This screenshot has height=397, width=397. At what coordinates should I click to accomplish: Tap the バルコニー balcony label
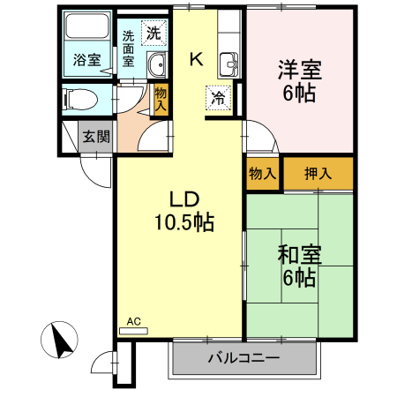pos(243,359)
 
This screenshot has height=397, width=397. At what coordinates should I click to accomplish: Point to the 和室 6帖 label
pos(299,266)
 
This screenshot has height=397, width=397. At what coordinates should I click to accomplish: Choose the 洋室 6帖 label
pos(299,79)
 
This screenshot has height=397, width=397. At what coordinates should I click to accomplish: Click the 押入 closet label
pos(318,174)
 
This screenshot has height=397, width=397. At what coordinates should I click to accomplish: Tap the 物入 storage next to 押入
pos(262,174)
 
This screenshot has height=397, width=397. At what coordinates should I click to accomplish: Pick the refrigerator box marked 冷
pos(216,98)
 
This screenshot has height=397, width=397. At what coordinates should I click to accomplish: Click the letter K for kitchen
pos(196,60)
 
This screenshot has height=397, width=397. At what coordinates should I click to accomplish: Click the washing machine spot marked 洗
pos(154,34)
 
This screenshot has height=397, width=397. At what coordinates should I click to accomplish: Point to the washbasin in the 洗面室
pos(158,64)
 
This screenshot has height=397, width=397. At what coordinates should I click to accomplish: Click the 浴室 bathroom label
pos(86,61)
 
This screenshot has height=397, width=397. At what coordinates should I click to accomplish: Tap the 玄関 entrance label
pos(96,136)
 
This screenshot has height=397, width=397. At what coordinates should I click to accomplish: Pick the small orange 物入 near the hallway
pos(161,97)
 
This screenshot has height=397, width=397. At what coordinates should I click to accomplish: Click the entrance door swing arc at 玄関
pos(95,168)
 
